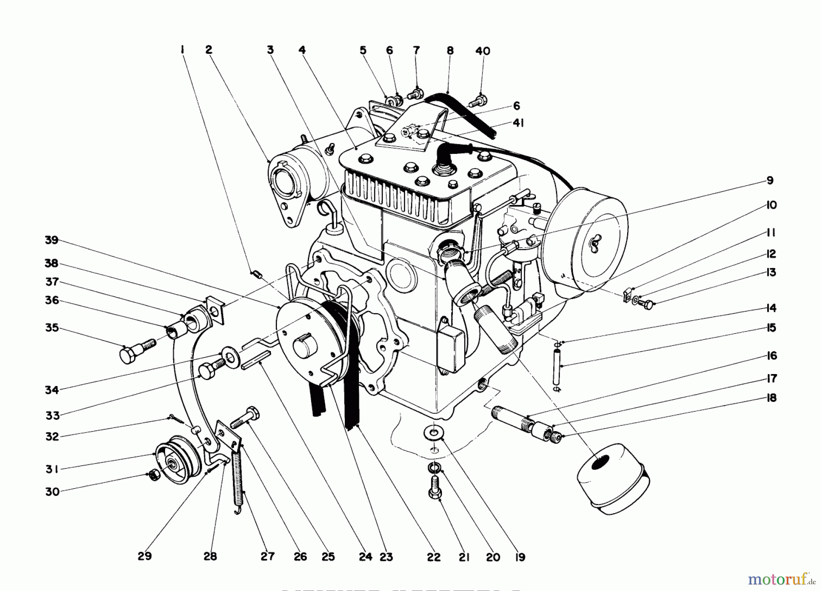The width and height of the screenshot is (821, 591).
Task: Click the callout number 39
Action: tap(52, 240)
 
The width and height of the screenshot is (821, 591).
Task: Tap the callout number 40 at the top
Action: tap(483, 51)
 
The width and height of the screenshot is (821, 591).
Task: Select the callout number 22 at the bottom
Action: tap(434, 557)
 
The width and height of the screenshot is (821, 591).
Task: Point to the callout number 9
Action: tap(770, 180)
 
